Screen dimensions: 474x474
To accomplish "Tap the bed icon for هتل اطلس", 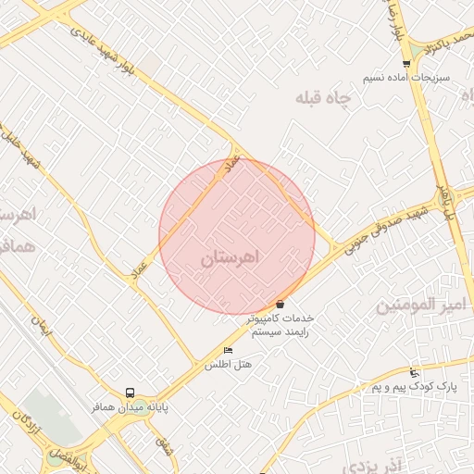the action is click(x=229, y=350).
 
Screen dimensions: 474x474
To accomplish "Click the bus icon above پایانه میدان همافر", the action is click(x=130, y=393).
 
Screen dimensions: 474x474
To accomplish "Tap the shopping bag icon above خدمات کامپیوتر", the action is click(x=280, y=304).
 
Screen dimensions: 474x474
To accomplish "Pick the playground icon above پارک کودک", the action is click(x=415, y=371).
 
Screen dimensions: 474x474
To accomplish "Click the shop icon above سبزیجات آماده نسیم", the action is click(x=406, y=64).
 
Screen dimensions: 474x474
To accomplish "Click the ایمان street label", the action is click(x=43, y=326).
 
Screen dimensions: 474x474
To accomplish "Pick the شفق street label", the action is click(x=165, y=445).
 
